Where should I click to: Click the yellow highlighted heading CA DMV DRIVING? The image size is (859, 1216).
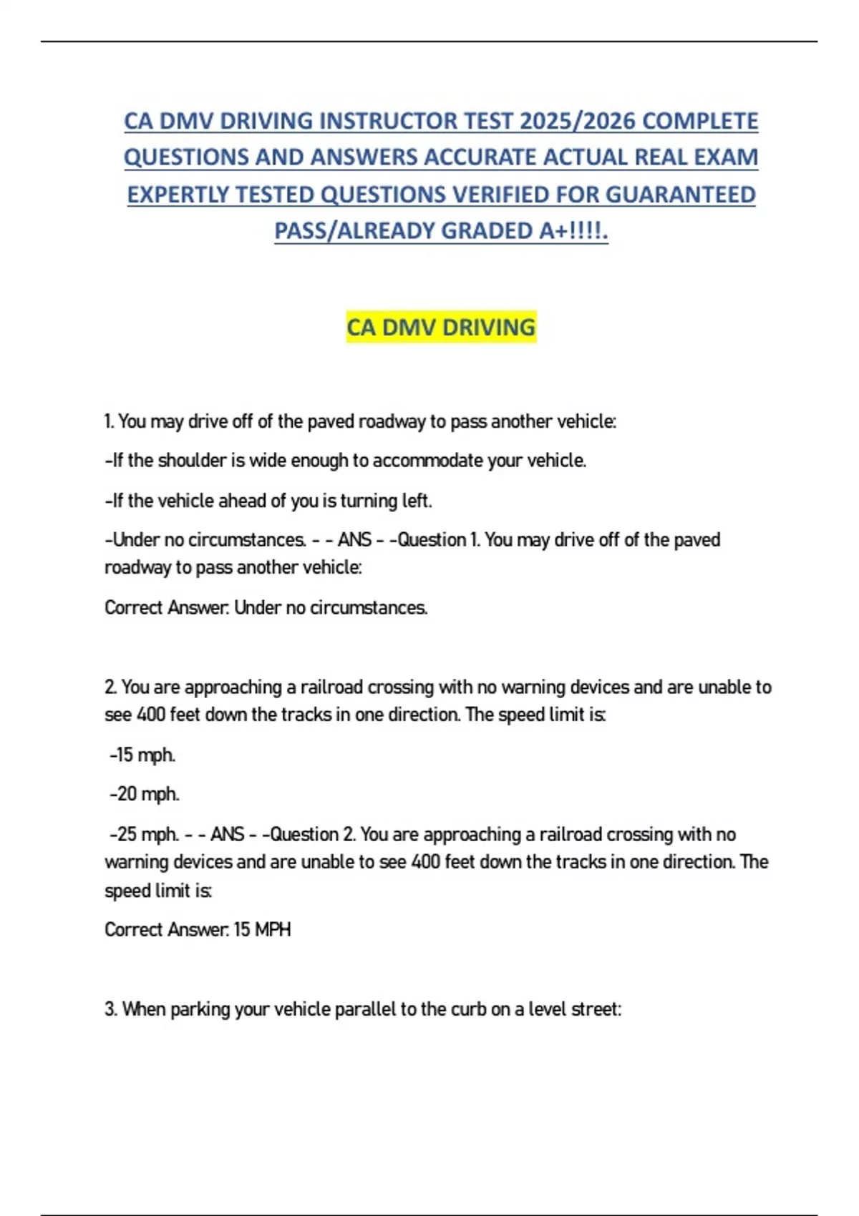click(440, 327)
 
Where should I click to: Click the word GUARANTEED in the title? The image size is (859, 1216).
click(681, 195)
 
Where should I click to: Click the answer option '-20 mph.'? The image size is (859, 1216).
click(145, 794)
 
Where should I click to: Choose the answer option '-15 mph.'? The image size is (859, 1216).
click(142, 755)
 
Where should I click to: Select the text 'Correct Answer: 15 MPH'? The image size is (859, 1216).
click(198, 929)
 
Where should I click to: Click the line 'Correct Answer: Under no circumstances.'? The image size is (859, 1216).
click(266, 607)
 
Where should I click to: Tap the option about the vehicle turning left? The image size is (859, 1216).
click(268, 500)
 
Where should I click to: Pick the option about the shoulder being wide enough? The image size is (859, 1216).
click(346, 460)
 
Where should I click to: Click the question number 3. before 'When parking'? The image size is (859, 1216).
click(111, 1009)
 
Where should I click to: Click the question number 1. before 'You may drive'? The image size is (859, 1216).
click(109, 421)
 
